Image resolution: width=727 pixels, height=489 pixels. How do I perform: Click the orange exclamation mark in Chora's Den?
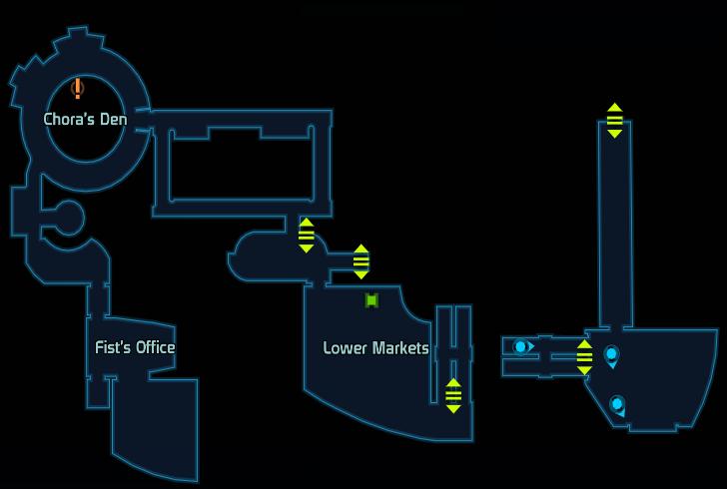(78, 88)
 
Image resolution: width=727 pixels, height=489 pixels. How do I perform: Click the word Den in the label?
(114, 119)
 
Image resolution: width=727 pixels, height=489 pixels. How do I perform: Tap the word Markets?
(401, 348)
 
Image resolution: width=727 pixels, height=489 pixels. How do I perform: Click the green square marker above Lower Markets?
(371, 300)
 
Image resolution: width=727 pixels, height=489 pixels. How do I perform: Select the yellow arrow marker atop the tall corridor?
(615, 121)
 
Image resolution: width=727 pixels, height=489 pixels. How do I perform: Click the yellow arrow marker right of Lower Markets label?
(453, 396)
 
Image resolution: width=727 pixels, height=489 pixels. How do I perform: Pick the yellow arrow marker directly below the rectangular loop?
(306, 235)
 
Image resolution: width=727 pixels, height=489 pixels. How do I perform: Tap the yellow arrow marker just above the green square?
(362, 261)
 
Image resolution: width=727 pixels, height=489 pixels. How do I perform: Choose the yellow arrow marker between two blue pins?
(584, 357)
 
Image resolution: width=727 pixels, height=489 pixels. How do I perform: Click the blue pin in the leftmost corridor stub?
(522, 346)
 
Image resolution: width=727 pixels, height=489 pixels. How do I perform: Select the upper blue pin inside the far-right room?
(611, 356)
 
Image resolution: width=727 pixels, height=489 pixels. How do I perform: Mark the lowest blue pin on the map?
(617, 406)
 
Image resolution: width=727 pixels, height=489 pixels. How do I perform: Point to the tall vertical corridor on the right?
(615, 224)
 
